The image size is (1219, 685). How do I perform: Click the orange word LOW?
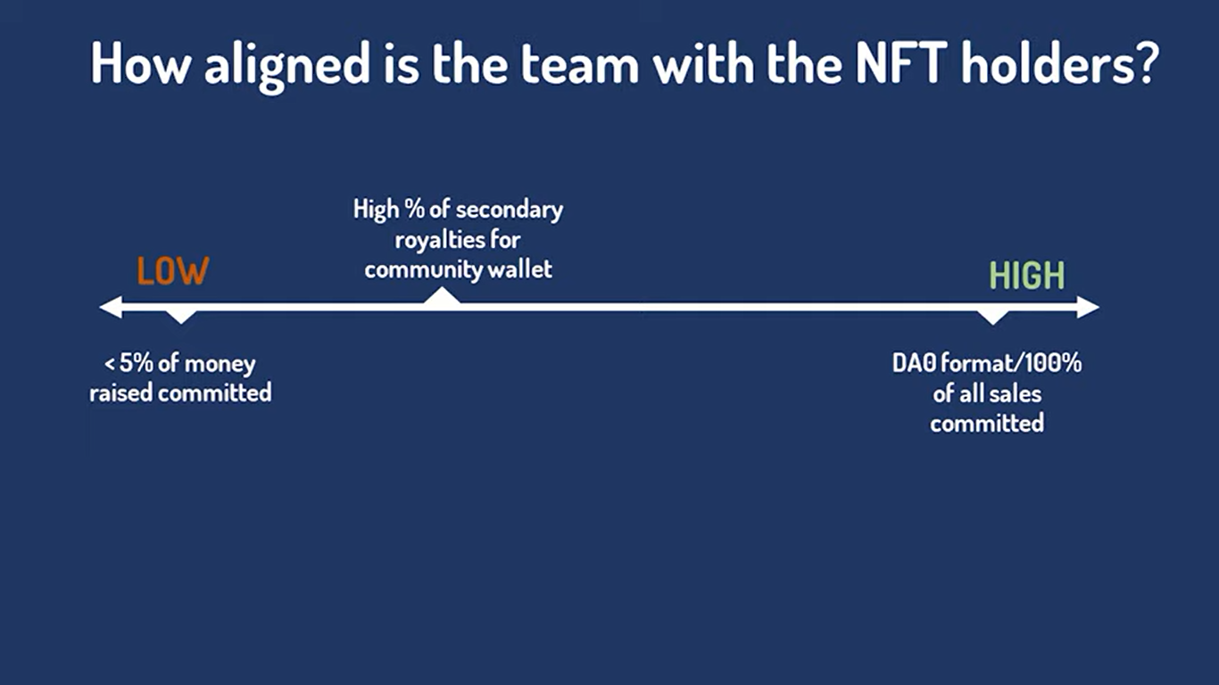[x=172, y=271]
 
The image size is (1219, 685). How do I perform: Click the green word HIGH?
[x=1027, y=276]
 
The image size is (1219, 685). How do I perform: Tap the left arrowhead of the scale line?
[x=109, y=308]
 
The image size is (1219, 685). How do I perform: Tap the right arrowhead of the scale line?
[x=1089, y=308]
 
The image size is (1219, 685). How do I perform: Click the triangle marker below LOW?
[x=181, y=316]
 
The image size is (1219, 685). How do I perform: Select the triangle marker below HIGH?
[x=993, y=317]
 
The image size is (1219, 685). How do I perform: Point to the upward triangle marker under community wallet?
[x=442, y=298]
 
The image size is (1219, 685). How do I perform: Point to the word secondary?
[x=509, y=210]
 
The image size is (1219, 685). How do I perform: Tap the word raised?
[x=120, y=392]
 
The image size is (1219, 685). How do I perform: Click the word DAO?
[x=912, y=364]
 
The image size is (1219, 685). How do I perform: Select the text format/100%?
[x=1010, y=364]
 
